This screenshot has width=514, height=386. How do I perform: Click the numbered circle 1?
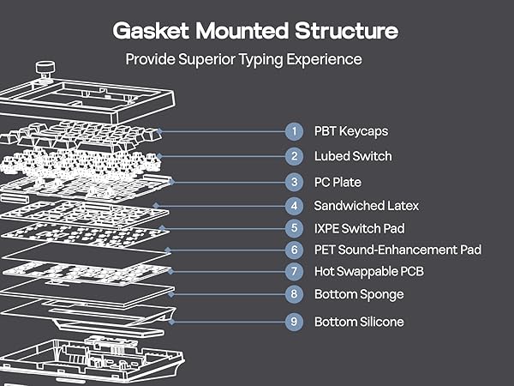(294, 131)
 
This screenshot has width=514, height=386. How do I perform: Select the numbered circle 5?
(294, 228)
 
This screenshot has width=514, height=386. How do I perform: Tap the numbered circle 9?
(294, 322)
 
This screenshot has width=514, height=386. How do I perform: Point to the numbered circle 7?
(294, 272)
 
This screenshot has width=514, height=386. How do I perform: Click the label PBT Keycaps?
(350, 131)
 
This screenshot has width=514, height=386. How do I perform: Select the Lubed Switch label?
(352, 156)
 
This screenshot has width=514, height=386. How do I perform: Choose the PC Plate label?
(338, 182)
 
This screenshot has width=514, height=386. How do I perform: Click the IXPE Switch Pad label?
(359, 228)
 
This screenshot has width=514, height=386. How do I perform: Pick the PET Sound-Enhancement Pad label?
(397, 250)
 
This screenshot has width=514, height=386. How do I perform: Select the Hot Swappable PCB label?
(368, 272)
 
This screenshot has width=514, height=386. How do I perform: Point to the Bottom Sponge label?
(358, 294)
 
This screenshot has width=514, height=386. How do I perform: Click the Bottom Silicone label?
(358, 322)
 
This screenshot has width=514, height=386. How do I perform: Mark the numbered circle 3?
(294, 182)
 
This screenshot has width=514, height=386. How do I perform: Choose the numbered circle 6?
(294, 250)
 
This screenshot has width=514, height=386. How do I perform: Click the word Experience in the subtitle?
(322, 60)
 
